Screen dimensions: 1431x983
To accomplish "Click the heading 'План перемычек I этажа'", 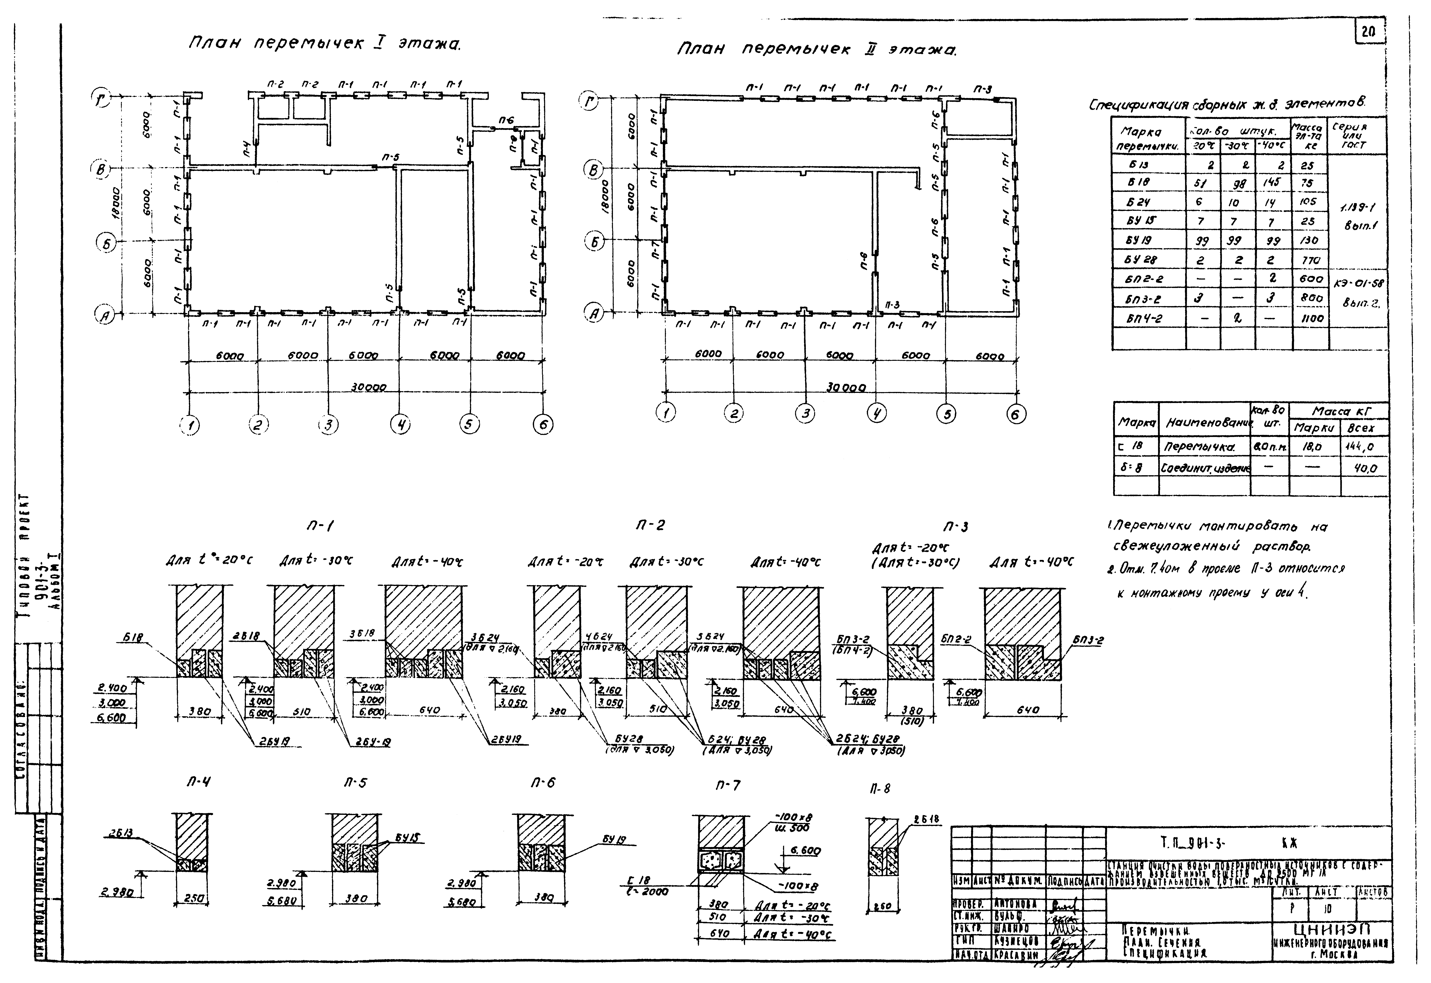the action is (325, 44).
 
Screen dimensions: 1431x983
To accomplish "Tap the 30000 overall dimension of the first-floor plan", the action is (368, 387).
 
